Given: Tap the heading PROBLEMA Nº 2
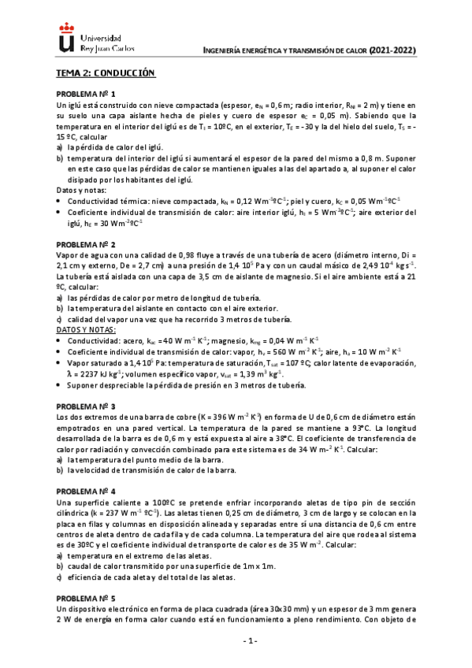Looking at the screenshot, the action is [85, 245].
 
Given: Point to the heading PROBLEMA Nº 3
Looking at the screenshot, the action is [85, 406].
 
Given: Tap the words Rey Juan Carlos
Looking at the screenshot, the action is [107, 47].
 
